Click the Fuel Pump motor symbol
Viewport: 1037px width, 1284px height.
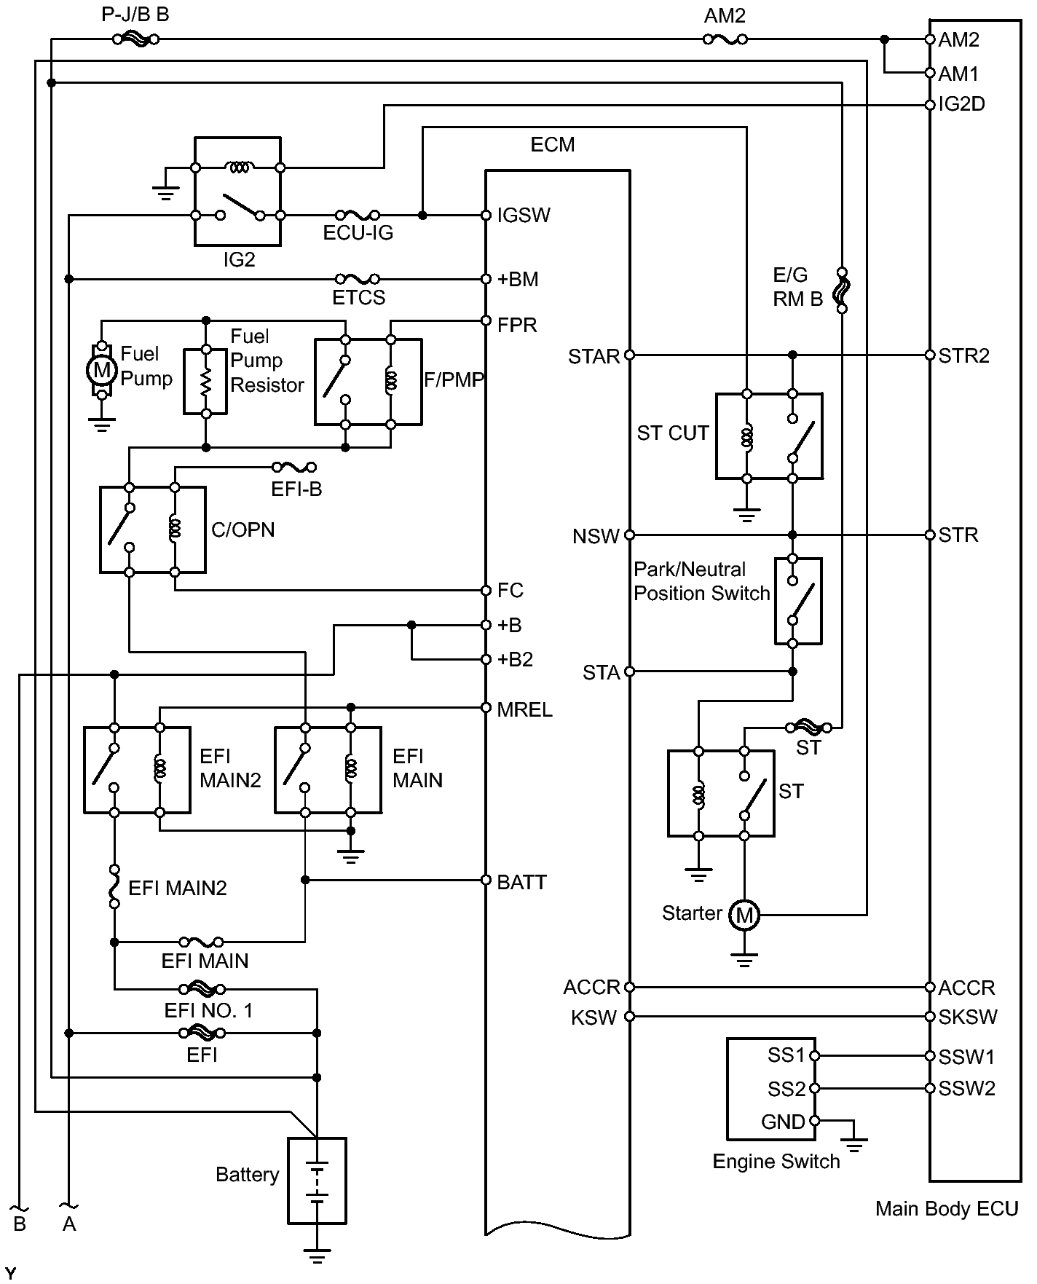pos(102,371)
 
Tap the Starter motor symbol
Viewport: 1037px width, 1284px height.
pos(744,914)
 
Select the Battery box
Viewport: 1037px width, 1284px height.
pos(317,1181)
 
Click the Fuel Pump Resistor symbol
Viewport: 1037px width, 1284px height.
pos(205,381)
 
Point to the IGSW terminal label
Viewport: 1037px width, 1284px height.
pos(524,216)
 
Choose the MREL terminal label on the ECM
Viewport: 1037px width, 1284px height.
pos(524,709)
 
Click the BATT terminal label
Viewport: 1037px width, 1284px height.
pos(521,882)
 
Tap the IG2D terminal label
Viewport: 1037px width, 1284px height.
pos(961,104)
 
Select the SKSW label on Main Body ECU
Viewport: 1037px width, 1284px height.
pos(967,1017)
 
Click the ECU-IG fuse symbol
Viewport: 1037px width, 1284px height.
pos(357,215)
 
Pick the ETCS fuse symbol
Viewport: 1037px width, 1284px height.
pos(357,279)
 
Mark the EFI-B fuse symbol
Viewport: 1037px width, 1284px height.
pos(294,467)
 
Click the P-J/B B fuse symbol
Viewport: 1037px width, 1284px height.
pos(136,39)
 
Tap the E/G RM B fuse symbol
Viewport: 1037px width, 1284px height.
pos(842,291)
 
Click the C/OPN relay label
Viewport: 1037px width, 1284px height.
pos(243,529)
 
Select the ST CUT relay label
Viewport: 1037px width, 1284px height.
pos(672,433)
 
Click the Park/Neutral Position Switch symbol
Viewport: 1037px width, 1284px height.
pos(797,601)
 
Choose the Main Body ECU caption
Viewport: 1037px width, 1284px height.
pos(946,1209)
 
